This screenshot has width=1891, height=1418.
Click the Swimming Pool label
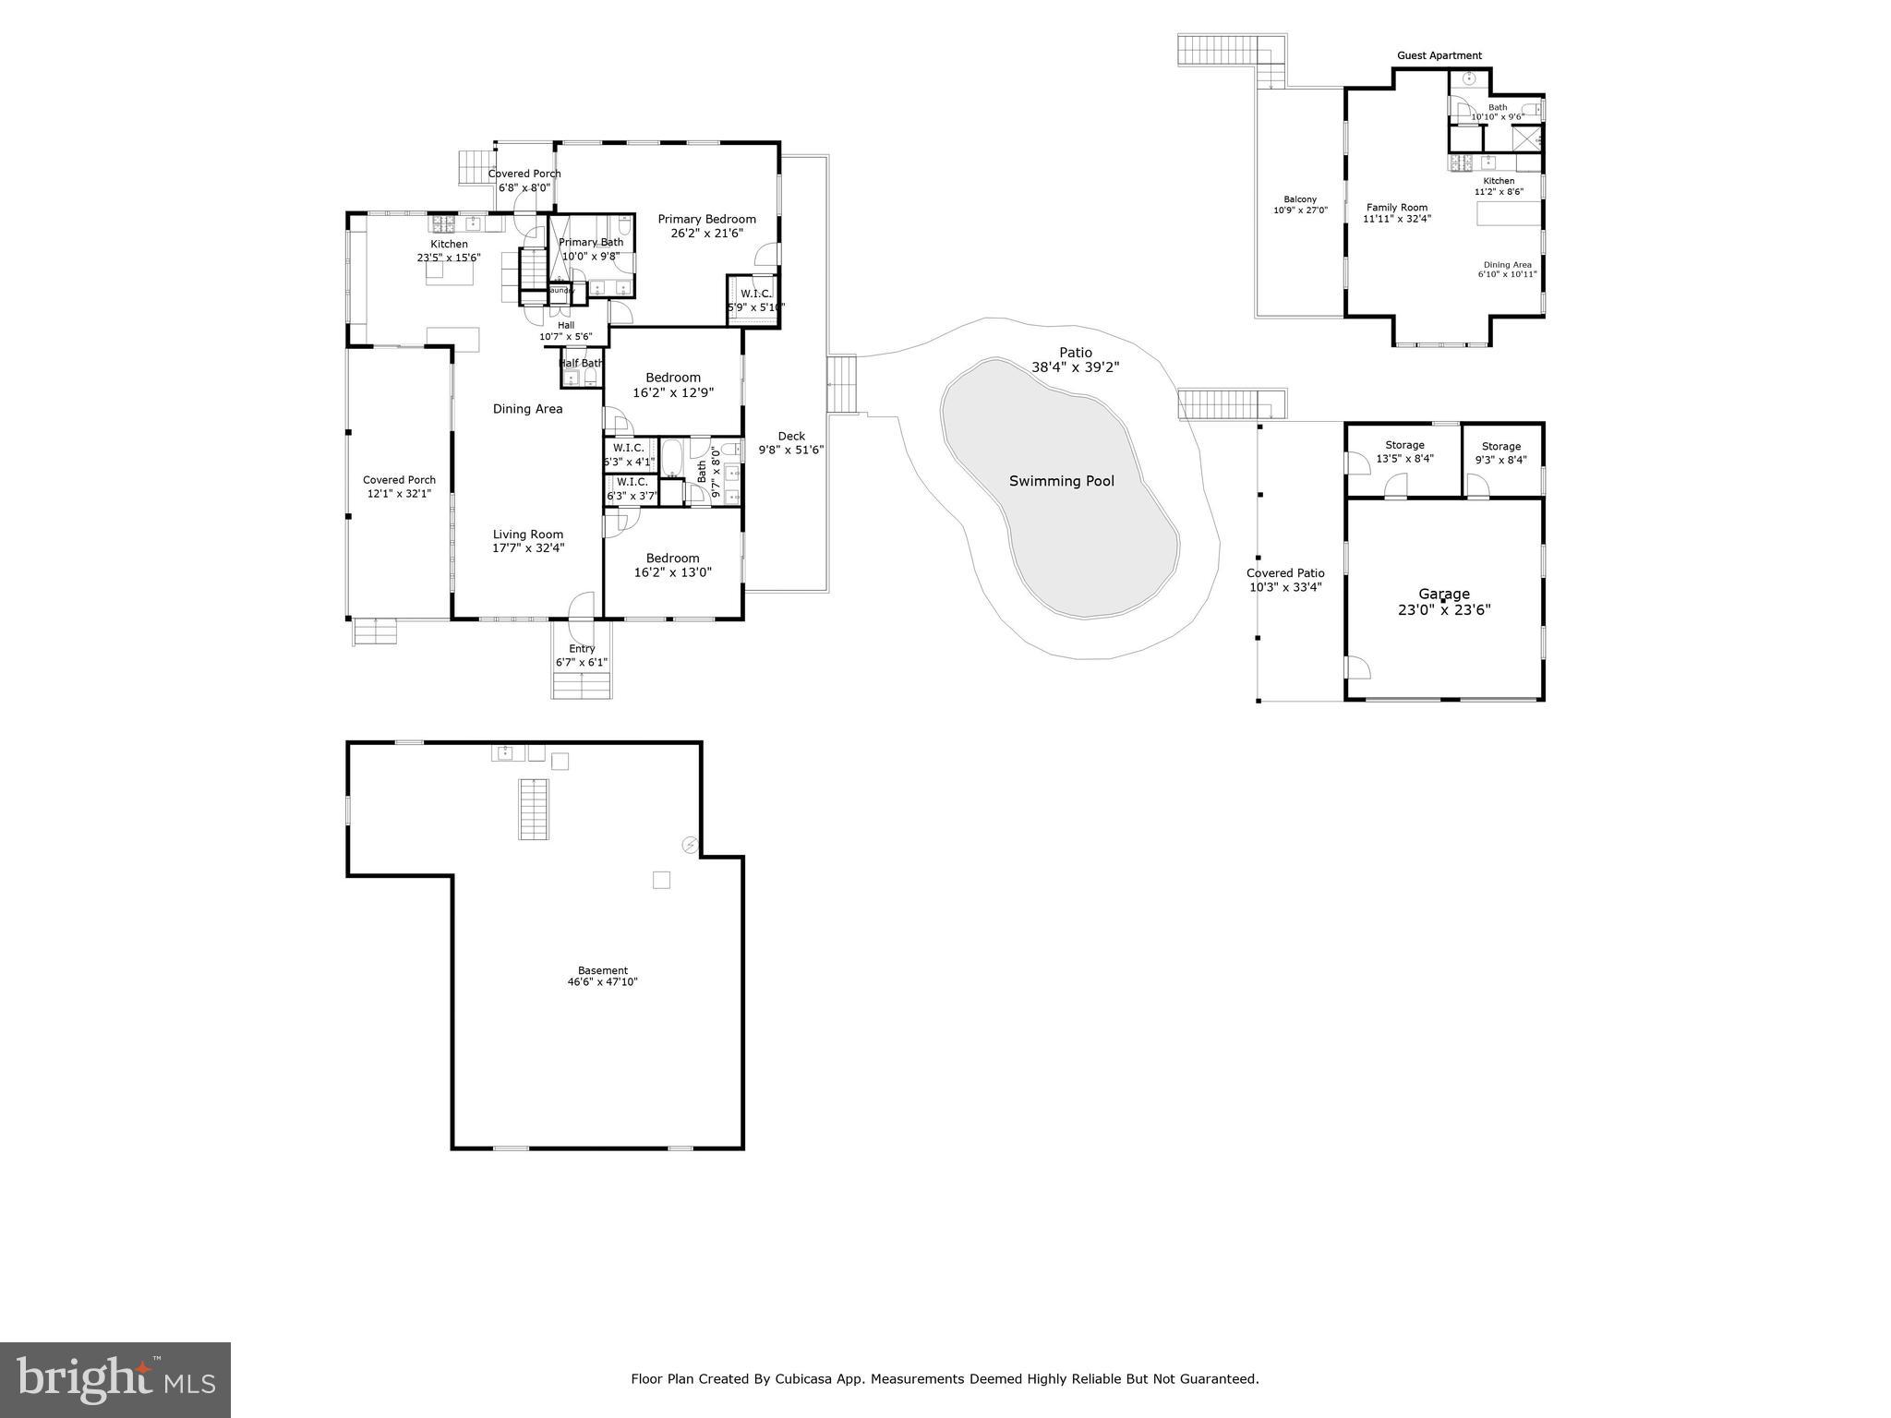(x=1061, y=481)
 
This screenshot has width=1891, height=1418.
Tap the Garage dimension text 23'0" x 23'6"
(x=1444, y=610)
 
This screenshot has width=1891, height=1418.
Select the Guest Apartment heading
(x=1439, y=55)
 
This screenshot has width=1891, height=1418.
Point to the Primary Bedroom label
(x=706, y=219)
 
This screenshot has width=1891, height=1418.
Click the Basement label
(x=602, y=970)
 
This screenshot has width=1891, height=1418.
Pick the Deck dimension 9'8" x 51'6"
(x=790, y=451)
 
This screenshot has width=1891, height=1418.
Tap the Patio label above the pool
(x=1075, y=353)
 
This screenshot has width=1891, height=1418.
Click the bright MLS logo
(x=114, y=1379)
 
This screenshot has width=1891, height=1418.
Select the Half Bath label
(x=582, y=364)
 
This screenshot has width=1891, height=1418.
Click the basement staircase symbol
(x=533, y=809)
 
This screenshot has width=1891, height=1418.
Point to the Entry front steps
(x=582, y=686)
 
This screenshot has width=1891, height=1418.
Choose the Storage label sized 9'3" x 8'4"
(x=1500, y=447)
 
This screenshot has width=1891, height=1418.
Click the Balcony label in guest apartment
(x=1300, y=199)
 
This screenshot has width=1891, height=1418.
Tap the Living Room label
(x=527, y=535)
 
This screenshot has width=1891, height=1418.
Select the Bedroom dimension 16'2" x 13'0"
(x=672, y=572)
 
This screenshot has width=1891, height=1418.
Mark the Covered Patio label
(x=1285, y=573)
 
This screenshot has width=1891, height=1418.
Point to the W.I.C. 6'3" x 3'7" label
(x=632, y=482)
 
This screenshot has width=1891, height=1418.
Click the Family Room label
(x=1396, y=208)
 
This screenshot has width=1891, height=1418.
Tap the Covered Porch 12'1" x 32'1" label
(x=399, y=480)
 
